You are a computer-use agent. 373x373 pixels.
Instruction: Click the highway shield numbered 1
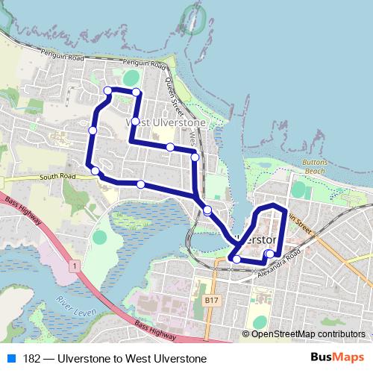point(75,265)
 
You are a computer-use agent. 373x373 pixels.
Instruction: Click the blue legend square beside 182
point(10,359)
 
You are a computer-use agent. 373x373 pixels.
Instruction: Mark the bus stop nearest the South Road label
point(95,172)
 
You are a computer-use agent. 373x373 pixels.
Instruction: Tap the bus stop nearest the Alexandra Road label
point(269,255)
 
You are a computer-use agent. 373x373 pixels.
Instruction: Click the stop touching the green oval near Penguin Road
point(137,92)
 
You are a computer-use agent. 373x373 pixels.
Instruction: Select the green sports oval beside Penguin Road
point(131,77)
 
